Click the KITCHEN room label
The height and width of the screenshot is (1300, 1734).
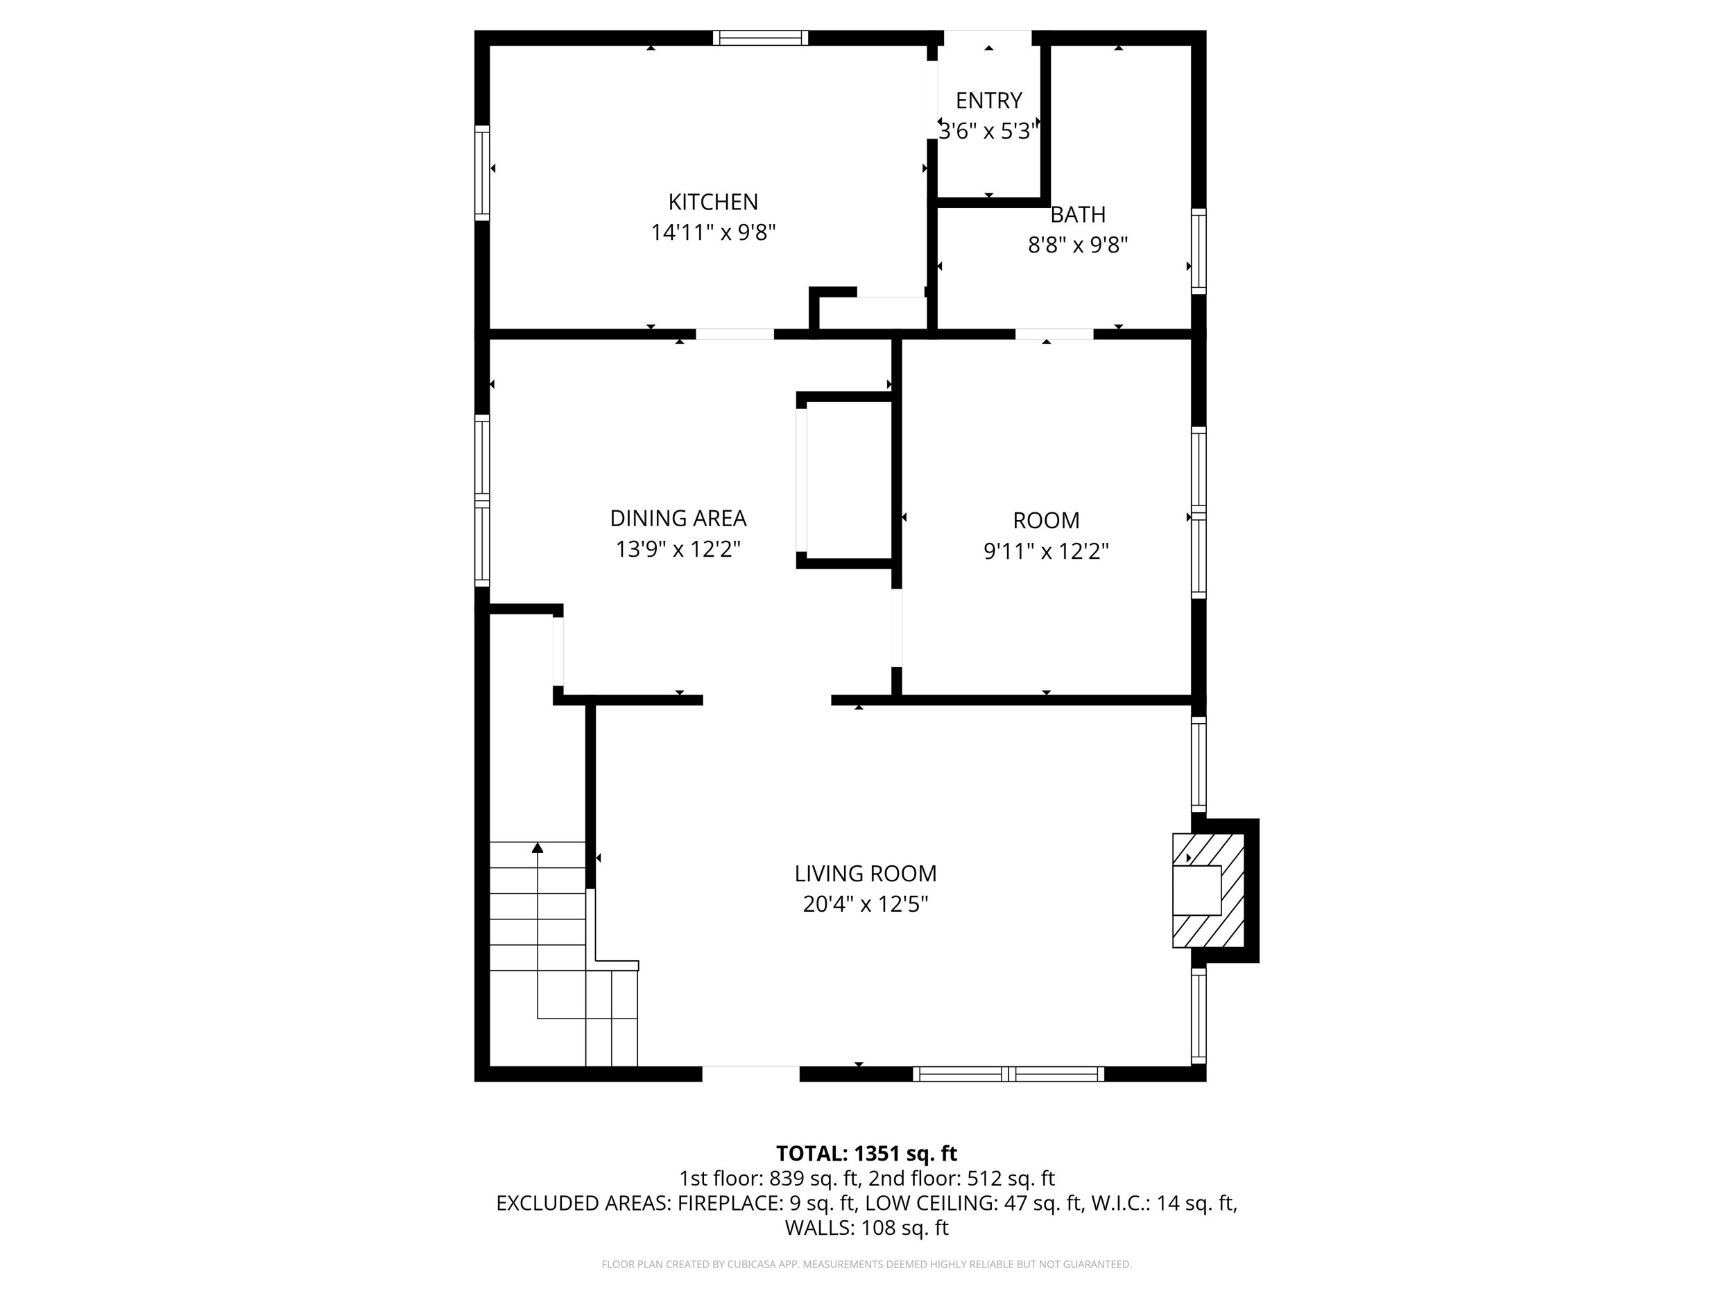[x=712, y=202]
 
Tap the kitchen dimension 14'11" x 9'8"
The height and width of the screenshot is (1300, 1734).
[x=712, y=233]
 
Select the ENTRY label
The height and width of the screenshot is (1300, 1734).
[x=988, y=101]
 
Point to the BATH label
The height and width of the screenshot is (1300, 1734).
[x=1078, y=215]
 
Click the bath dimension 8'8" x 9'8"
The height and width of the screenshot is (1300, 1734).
[x=1078, y=245]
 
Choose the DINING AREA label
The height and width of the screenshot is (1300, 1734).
[x=678, y=518]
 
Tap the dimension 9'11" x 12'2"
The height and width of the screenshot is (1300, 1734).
[x=1046, y=552]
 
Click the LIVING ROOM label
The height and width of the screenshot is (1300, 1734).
[x=866, y=874]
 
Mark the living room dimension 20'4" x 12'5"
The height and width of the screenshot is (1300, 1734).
[x=866, y=904]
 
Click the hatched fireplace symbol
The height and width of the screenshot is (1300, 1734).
[x=1209, y=890]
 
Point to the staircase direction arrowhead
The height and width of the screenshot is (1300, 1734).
[x=538, y=848]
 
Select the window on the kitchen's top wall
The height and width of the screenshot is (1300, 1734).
[x=759, y=37]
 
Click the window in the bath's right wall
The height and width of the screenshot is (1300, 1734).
[x=1198, y=251]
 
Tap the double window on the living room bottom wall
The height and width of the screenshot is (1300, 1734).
[x=1008, y=1075]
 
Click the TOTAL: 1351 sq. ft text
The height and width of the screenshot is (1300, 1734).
[x=866, y=1154]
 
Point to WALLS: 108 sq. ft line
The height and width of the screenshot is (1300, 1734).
[x=866, y=1228]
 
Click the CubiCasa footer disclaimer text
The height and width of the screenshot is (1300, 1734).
[x=866, y=1264]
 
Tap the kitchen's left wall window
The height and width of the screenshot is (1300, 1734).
[x=482, y=173]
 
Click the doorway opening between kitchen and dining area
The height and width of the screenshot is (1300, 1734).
[x=735, y=333]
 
